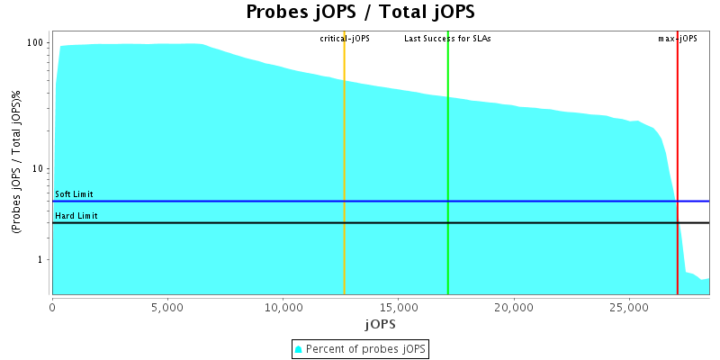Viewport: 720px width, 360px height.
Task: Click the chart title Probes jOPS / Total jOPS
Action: [360, 13]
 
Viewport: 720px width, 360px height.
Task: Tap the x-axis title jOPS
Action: [379, 323]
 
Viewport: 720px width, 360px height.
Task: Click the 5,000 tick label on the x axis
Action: [167, 307]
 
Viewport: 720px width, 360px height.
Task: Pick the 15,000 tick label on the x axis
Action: [398, 307]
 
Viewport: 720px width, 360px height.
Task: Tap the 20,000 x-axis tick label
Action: [513, 307]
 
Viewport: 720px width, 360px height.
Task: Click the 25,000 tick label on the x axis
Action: [628, 307]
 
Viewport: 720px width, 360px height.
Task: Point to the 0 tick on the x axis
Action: [52, 307]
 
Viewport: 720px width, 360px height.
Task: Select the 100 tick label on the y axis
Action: [36, 43]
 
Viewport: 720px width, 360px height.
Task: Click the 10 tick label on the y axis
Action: [39, 169]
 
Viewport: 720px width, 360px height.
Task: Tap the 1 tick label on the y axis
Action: [41, 260]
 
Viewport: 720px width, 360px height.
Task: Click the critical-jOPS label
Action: [345, 39]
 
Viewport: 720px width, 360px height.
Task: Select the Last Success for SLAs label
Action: [447, 39]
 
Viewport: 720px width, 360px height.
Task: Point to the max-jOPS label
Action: [678, 39]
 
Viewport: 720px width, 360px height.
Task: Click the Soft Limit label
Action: [74, 194]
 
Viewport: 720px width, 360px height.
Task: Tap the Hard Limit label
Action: [76, 216]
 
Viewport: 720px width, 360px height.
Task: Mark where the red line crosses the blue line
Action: [678, 202]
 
